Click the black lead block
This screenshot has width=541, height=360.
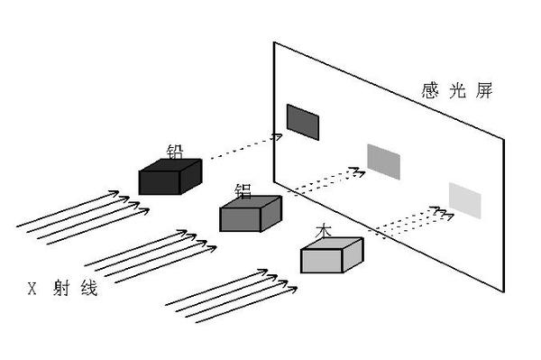pos(170,177)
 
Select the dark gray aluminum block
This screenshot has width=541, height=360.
pos(251,214)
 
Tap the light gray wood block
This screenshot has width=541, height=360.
pos(332,255)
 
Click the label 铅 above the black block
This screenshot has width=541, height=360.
pos(175,152)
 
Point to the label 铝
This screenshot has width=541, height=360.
pos(243,191)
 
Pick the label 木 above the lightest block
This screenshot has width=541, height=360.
pos(324,231)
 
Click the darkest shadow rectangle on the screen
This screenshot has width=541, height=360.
pos(303,122)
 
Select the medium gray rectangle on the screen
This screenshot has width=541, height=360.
pos(384,162)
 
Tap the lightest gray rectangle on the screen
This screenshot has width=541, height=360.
pos(464,201)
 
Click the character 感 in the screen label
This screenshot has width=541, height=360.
pos(430,91)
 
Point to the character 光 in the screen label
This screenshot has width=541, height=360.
pos(457,91)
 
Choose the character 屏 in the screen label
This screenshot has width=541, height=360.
pos(484,91)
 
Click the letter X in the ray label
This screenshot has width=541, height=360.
pos(32,289)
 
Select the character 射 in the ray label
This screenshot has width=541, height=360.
pos(61,288)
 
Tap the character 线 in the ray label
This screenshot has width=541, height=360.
pos(89,288)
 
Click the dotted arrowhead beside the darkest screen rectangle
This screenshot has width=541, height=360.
pos(278,136)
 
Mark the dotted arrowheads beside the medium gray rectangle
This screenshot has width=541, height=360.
pos(357,171)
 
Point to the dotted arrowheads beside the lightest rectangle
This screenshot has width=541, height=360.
pos(442,213)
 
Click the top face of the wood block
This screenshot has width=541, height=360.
pos(332,244)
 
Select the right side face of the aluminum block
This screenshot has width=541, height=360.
pos(271,214)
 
